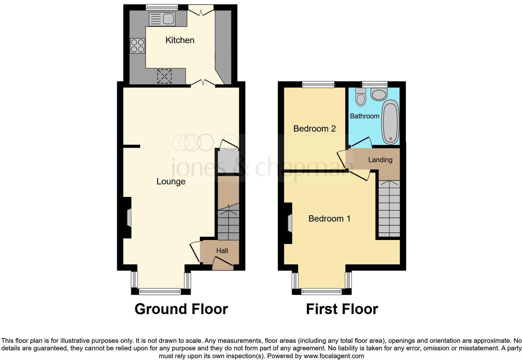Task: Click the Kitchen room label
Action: (x=180, y=40)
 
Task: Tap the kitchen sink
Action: (x=162, y=19)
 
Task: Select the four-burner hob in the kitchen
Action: (x=137, y=46)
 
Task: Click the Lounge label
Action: (x=171, y=182)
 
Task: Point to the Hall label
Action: (x=222, y=251)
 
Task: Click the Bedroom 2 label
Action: (x=314, y=128)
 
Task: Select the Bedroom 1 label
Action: (x=329, y=218)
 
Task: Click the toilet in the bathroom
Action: (x=361, y=97)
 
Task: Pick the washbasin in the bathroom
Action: (x=379, y=94)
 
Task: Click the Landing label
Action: (x=380, y=160)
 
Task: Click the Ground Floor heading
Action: (x=181, y=309)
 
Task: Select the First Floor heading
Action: (x=342, y=309)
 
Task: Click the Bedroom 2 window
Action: (x=318, y=84)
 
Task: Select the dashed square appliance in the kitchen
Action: (x=165, y=76)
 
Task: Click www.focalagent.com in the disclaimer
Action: (x=334, y=356)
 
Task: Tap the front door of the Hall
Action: (x=223, y=264)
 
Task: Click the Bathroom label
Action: (x=364, y=116)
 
